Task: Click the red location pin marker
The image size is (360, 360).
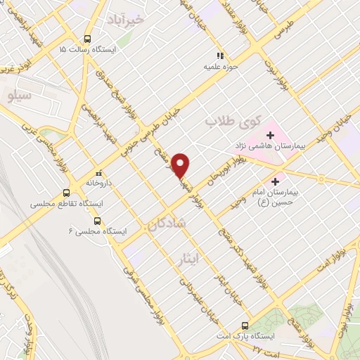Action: pos(181,165)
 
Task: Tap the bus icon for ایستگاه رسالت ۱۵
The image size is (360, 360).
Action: pos(88,39)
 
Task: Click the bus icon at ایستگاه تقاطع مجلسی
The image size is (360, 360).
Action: pos(67,193)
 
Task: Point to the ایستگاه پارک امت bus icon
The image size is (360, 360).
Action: pos(245,325)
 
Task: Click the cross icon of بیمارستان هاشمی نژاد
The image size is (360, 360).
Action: pos(271,134)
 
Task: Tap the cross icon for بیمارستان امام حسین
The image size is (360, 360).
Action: pos(285,181)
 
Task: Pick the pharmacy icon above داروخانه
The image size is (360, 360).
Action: pos(99,173)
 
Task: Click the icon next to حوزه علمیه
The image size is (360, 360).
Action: pos(220,55)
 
